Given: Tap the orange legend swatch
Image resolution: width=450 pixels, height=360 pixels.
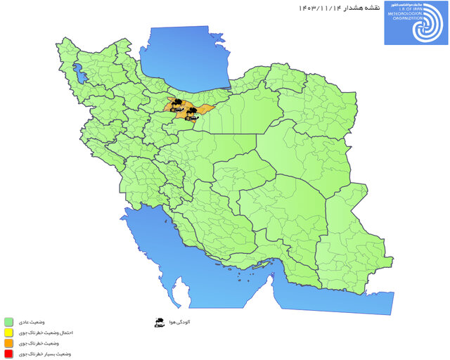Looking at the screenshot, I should [9, 343].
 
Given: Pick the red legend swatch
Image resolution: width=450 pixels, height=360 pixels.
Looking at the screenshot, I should [9, 354].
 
